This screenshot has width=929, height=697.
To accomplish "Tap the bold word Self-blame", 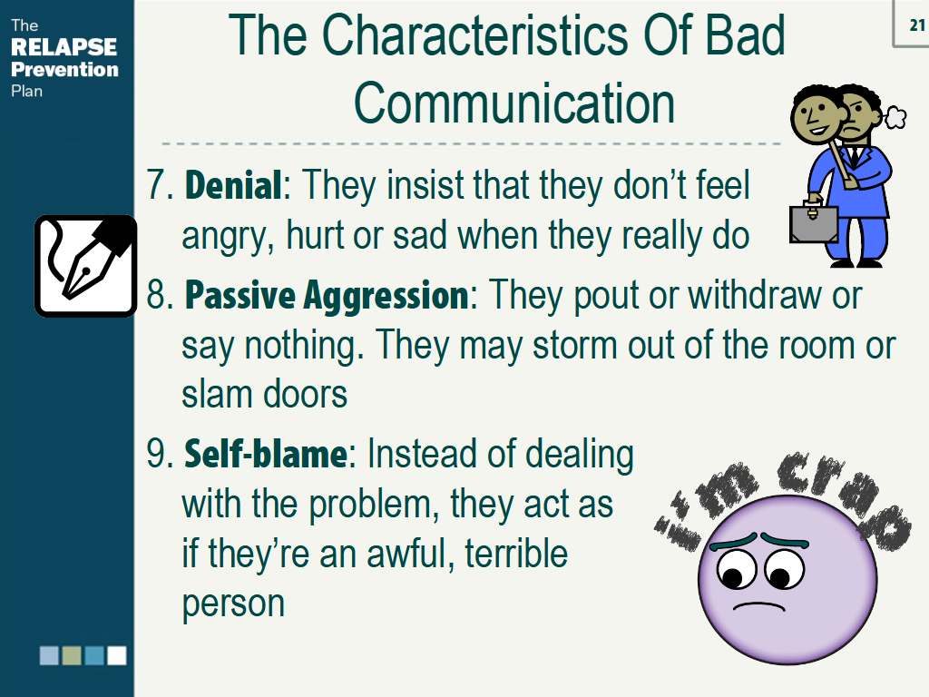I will point(266,454).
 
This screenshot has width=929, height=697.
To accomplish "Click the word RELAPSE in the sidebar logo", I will point(64,47).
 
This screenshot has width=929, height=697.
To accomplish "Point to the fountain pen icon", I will point(85,265).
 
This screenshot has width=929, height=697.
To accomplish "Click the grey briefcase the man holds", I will point(810,223).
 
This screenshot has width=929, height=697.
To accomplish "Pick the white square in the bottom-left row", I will point(117,655).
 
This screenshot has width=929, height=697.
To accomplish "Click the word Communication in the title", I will point(514,104).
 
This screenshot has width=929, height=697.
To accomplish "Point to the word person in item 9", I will point(233,603).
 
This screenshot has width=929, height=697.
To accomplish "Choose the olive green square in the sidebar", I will point(72,655).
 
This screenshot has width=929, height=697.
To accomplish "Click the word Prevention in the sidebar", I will point(64,69).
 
